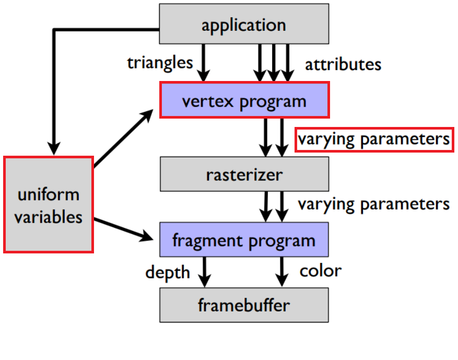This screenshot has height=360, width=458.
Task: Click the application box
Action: (x=244, y=24)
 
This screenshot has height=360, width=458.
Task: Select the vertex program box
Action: (x=244, y=100)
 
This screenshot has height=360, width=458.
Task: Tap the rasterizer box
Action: (x=244, y=174)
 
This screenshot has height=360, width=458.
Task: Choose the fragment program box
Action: (x=244, y=240)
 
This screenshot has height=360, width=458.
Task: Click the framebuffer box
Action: (x=244, y=305)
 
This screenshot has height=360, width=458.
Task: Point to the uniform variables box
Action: (x=49, y=205)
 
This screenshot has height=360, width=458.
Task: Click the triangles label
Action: (x=160, y=63)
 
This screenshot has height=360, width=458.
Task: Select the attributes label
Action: (x=343, y=64)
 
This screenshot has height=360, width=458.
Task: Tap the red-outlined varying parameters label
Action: (x=374, y=139)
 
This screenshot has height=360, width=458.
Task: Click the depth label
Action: (x=168, y=272)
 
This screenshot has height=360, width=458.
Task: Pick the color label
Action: (x=320, y=271)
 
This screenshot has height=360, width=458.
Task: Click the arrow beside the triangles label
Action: (x=204, y=63)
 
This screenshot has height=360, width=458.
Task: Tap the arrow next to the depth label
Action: (x=204, y=272)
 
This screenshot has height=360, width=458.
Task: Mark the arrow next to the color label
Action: (x=282, y=272)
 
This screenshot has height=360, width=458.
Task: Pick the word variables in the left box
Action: (x=49, y=216)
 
